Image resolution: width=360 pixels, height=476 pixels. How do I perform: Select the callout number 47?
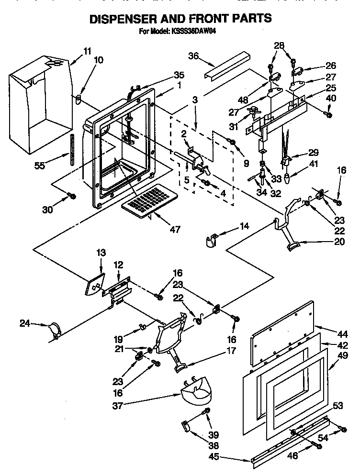coord(175,229)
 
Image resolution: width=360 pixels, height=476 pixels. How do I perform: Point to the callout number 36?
coord(193,56)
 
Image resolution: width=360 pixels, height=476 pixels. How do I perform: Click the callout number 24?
coord(24,324)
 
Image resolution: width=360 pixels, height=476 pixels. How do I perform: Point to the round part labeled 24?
coord(54,330)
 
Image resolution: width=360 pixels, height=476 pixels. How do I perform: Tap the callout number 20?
coord(339,242)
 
